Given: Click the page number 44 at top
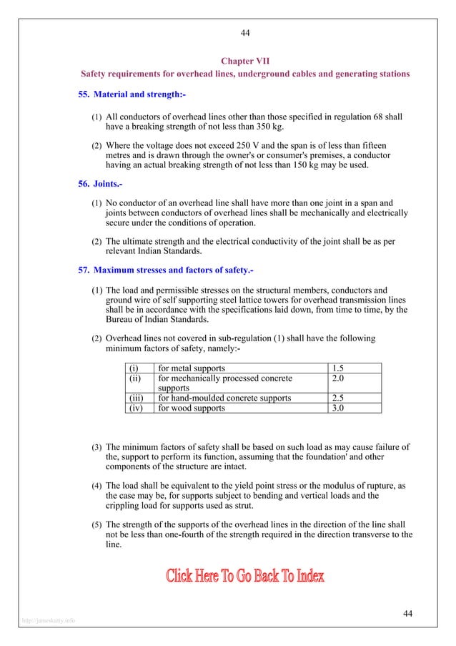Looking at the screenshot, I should click(x=245, y=32).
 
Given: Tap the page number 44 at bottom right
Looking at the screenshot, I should click(x=408, y=613).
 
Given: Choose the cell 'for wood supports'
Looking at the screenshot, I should click(x=192, y=408).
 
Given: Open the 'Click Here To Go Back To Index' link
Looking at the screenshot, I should click(x=245, y=576).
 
